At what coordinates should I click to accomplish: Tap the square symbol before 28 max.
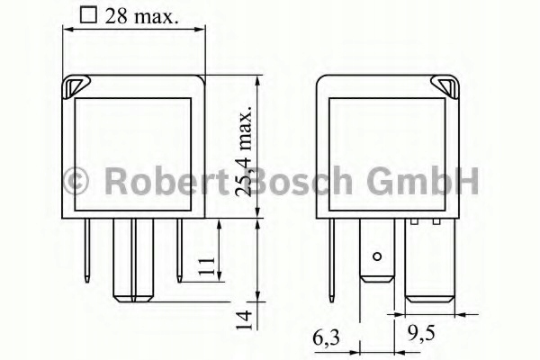click(87, 14)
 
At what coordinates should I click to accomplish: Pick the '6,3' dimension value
click(326, 339)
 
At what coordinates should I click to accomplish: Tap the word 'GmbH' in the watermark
click(423, 182)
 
